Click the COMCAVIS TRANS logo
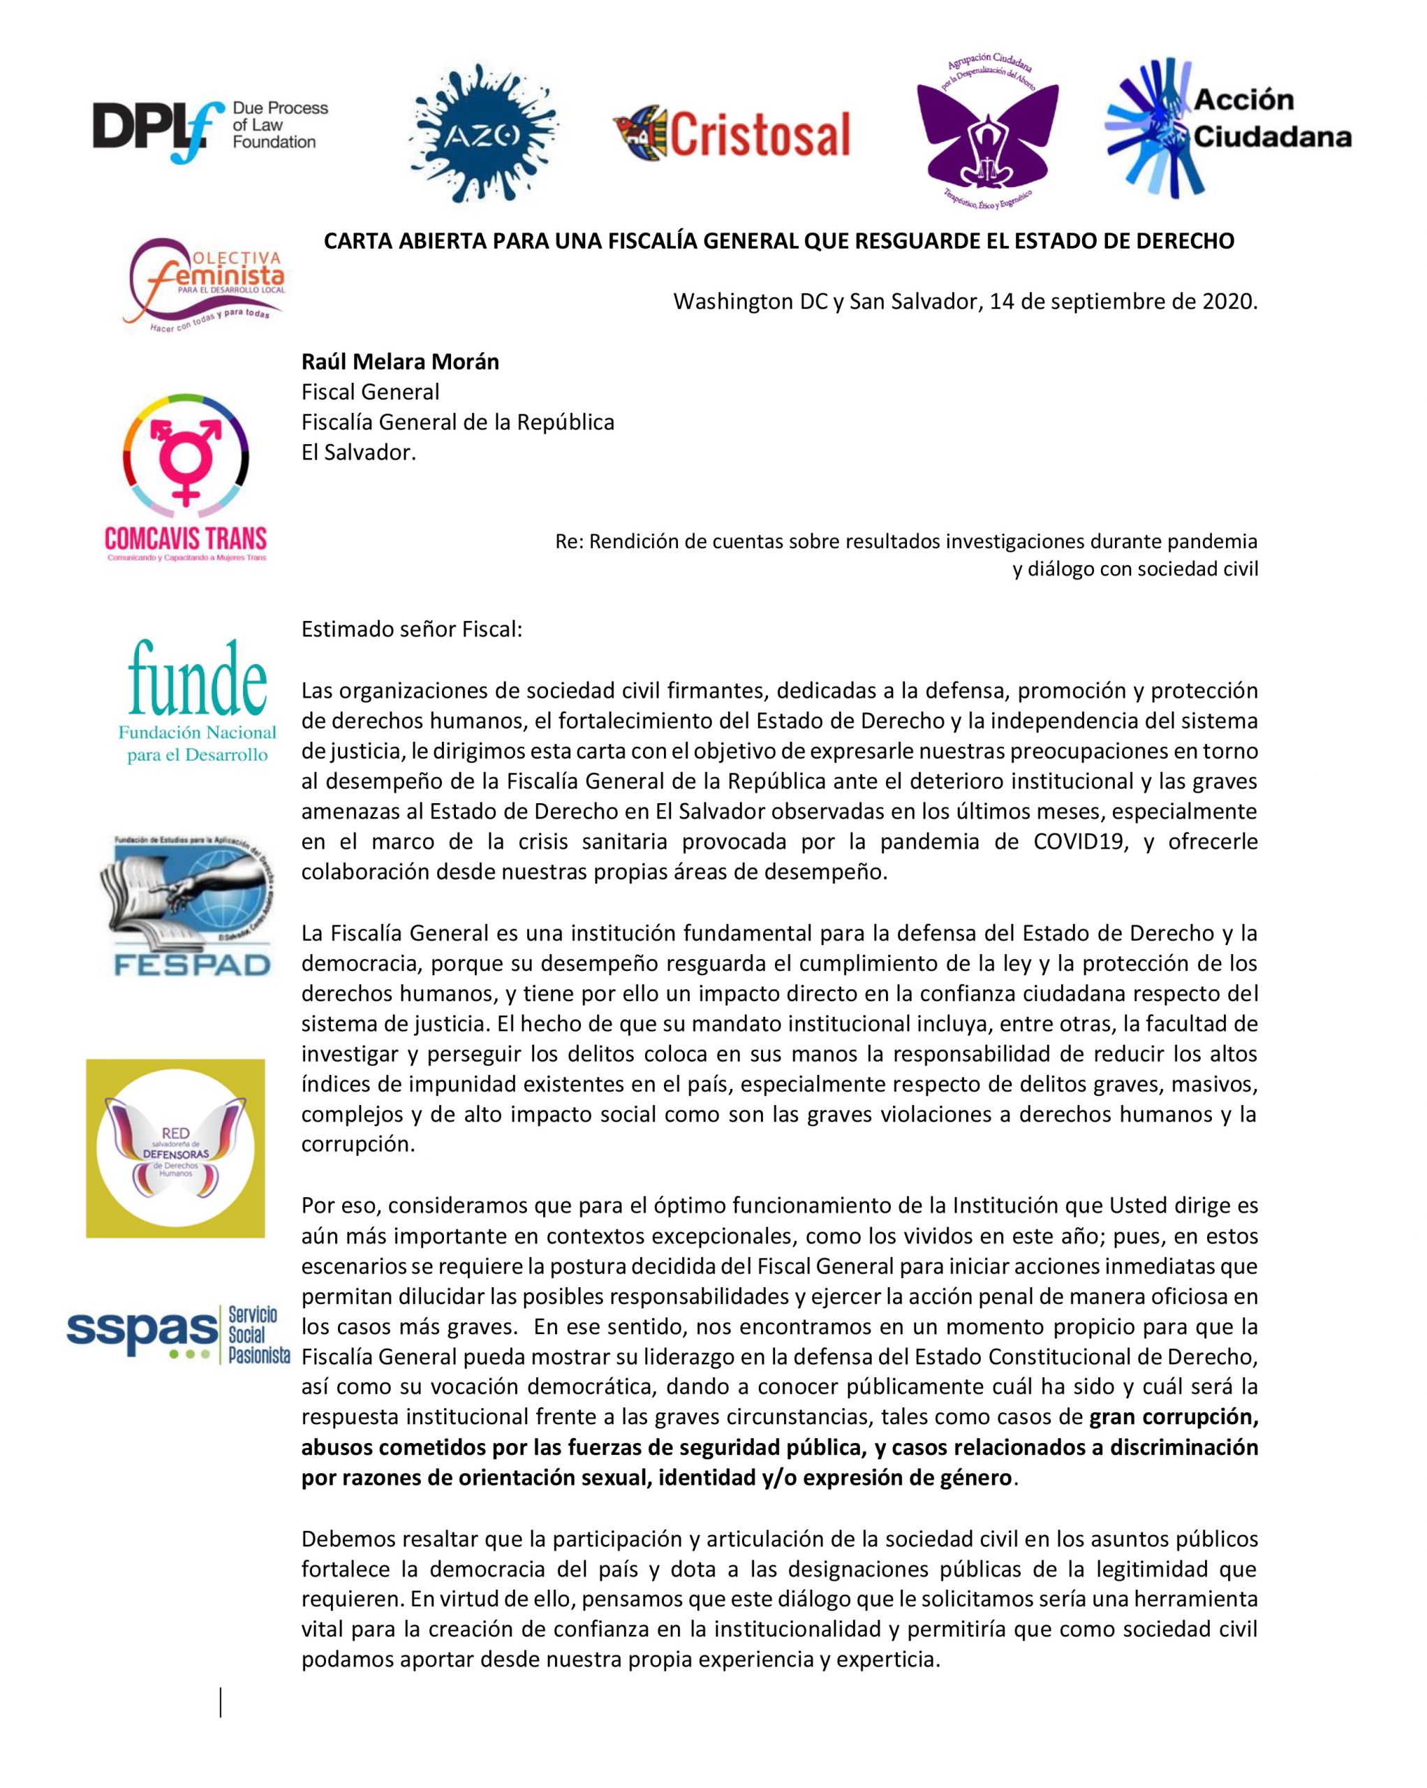point(186,478)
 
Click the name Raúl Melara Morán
point(399,362)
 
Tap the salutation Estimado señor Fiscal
point(411,629)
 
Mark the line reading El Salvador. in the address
point(358,453)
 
